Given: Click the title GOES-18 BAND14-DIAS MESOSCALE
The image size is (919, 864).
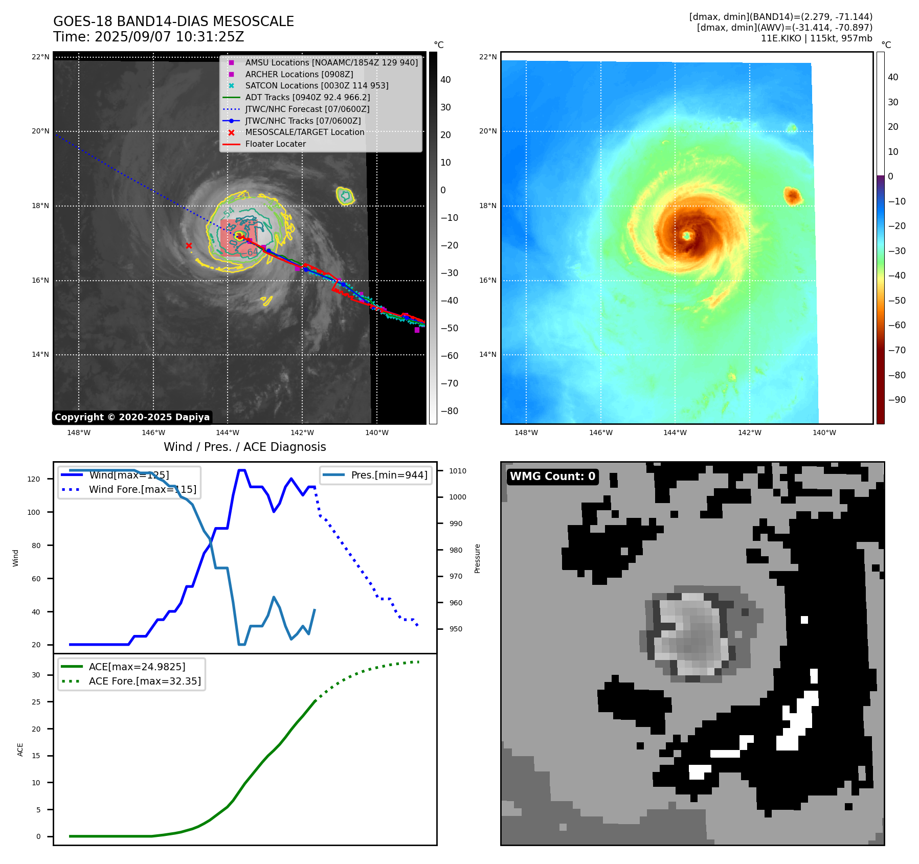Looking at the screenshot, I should [173, 21].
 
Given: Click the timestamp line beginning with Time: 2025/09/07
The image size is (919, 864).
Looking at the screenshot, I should [148, 37].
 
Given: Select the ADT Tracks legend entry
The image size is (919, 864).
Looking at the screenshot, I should [307, 97].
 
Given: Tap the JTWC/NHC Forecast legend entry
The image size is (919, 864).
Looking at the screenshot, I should [307, 109].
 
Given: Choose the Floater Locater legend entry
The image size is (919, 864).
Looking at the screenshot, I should [275, 144].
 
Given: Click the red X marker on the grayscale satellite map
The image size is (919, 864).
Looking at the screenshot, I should [189, 246].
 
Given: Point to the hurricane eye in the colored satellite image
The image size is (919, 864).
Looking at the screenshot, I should [686, 235].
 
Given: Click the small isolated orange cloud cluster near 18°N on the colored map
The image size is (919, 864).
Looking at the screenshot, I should [792, 195].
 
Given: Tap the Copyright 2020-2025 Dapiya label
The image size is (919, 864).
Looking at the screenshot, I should [132, 417].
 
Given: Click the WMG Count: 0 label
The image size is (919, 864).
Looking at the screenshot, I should [552, 476].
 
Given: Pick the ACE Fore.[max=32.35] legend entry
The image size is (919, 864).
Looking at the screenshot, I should [145, 681].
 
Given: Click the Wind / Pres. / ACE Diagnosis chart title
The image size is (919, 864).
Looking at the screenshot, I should [244, 447].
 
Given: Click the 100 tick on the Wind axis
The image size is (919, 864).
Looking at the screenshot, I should [34, 512].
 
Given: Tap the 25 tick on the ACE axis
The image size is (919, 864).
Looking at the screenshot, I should [36, 702].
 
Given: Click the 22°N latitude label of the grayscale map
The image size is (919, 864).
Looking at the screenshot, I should [40, 57].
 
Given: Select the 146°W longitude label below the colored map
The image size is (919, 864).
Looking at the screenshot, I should [600, 433].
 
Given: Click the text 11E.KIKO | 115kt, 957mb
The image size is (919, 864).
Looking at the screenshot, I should [816, 38].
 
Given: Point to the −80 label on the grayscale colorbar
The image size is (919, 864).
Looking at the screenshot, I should [450, 411].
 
